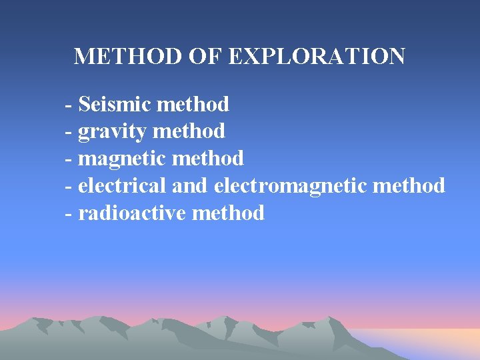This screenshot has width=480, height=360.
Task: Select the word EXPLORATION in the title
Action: (x=317, y=56)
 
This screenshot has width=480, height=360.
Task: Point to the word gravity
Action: (x=112, y=132)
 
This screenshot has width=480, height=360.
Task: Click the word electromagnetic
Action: (x=290, y=185)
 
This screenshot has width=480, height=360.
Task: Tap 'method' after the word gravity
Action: (x=189, y=132)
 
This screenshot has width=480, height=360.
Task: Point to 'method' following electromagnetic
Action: (x=409, y=185)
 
